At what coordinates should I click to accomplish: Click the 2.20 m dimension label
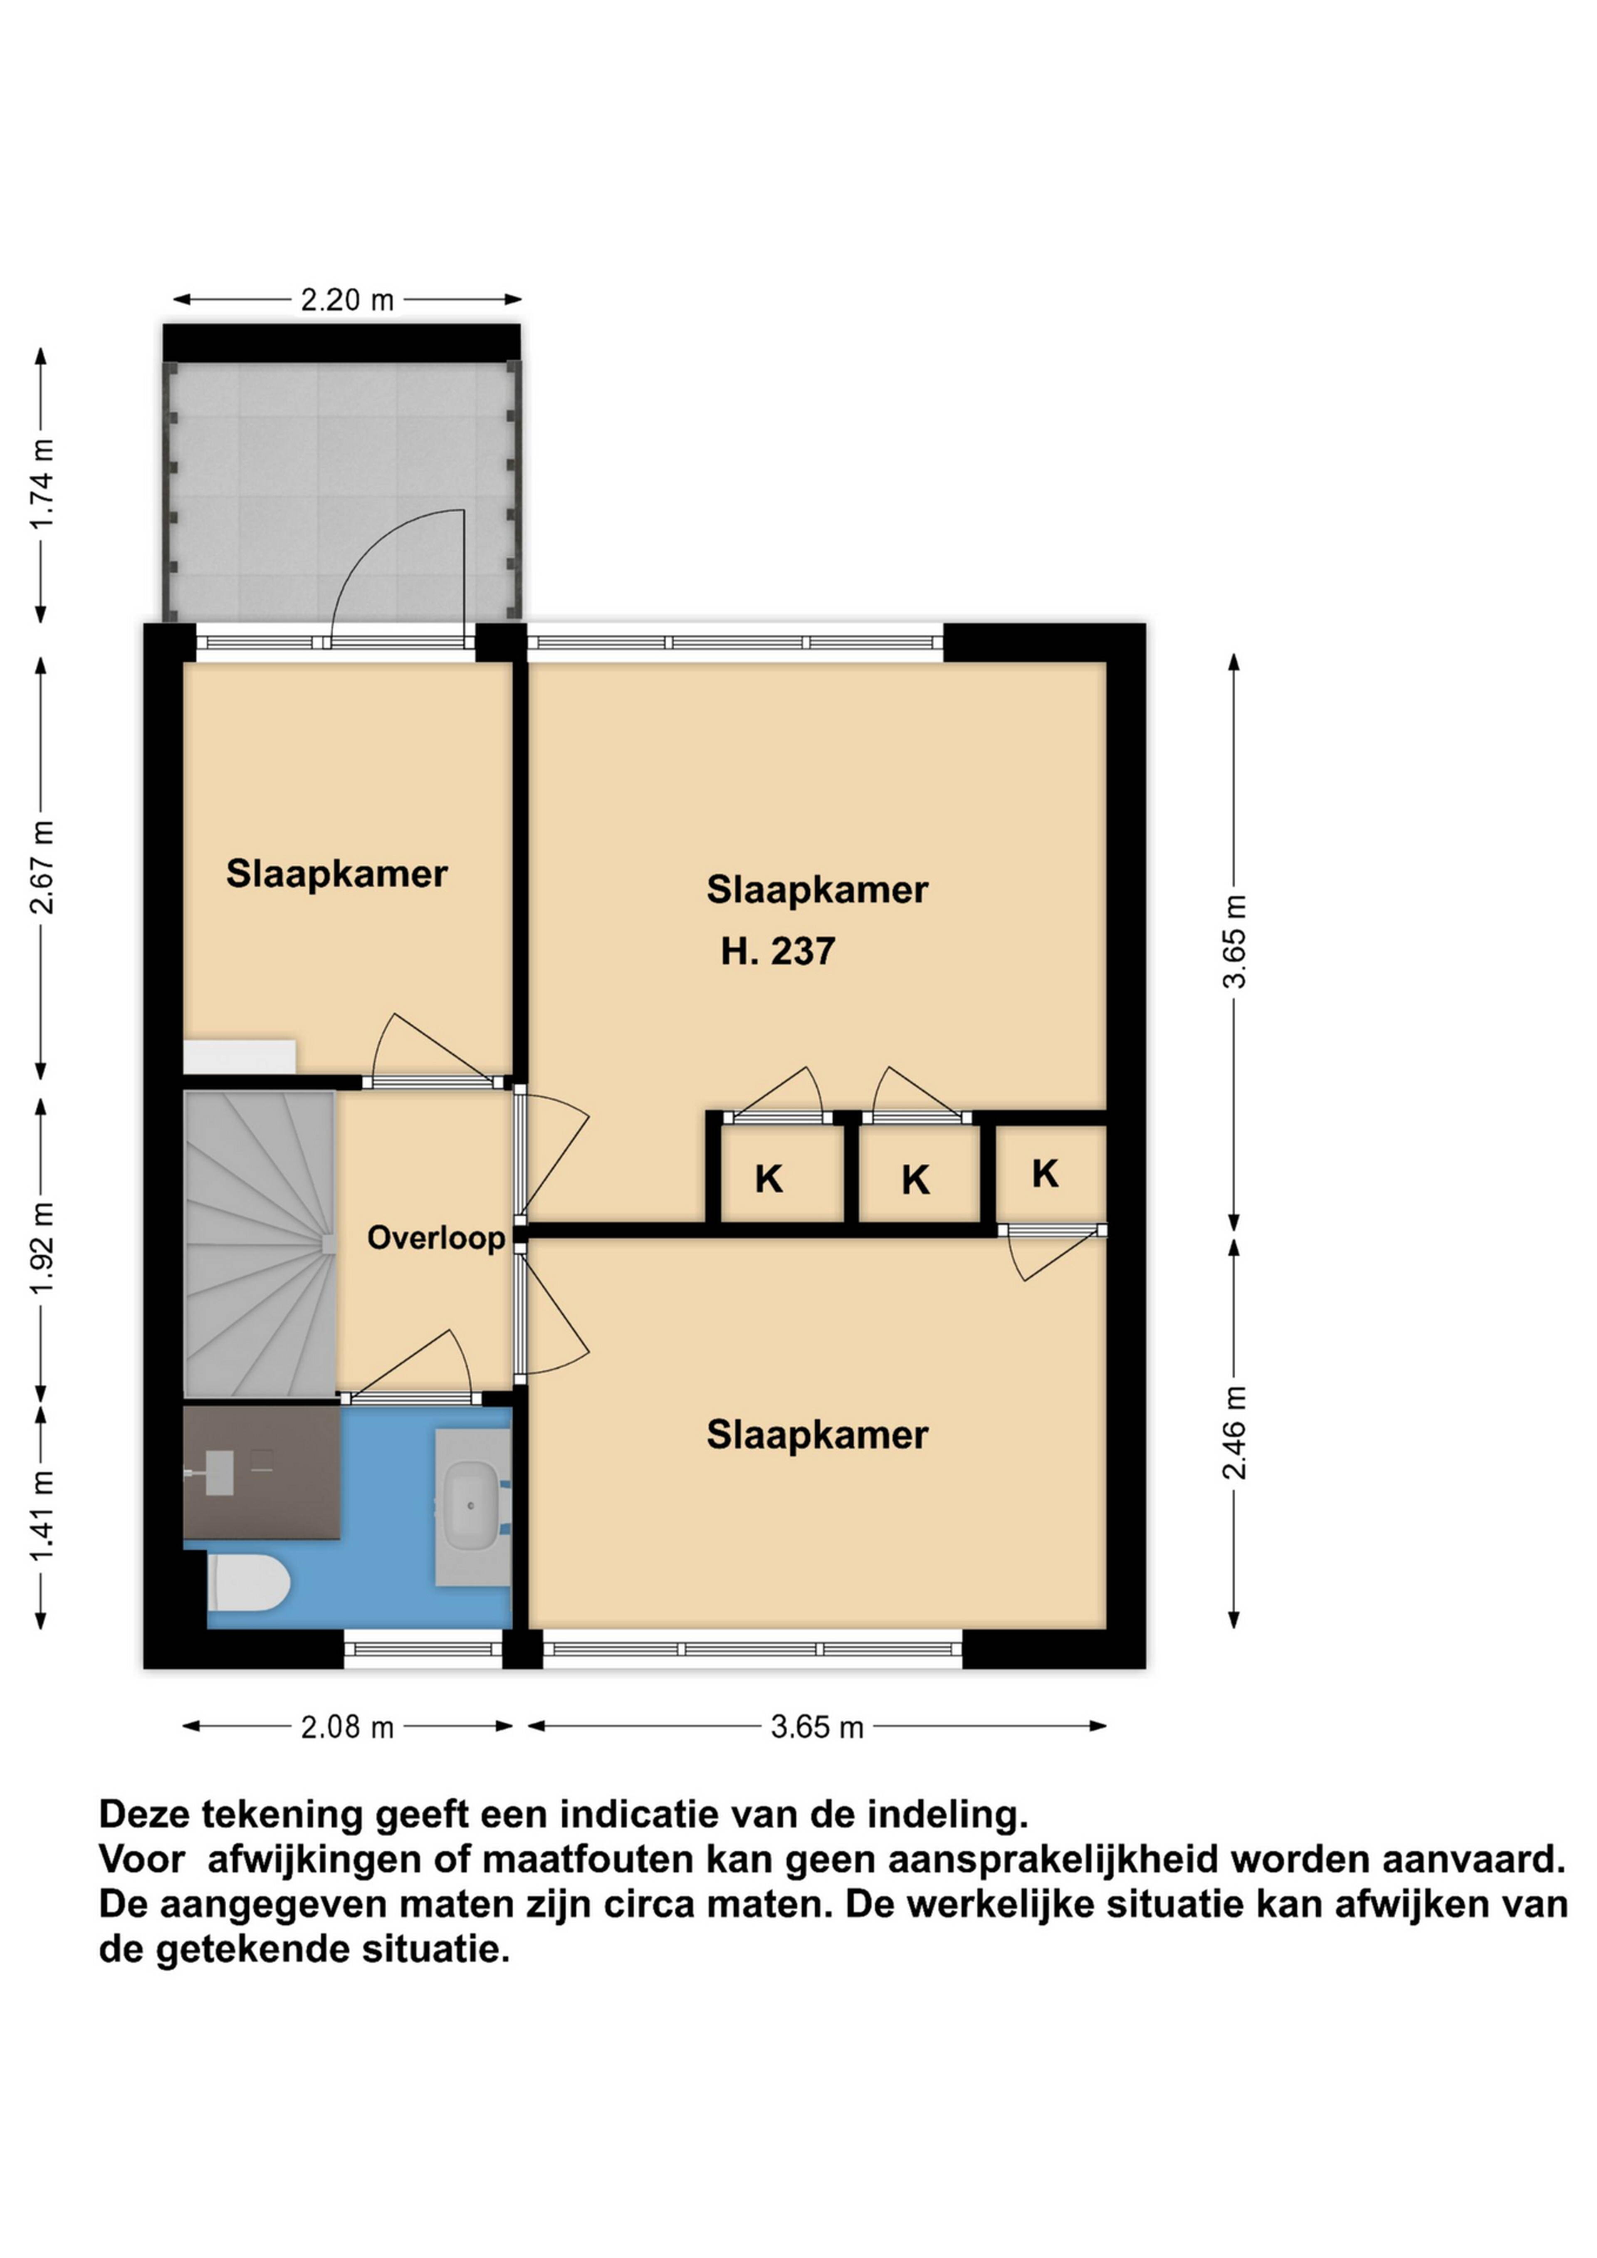click(x=347, y=300)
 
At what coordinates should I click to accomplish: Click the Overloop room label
click(x=435, y=1238)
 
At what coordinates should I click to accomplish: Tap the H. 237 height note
click(x=778, y=951)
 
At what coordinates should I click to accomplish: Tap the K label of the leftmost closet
click(x=769, y=1179)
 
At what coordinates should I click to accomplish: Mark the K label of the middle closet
click(x=915, y=1180)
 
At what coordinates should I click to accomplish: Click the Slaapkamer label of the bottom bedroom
click(x=817, y=1435)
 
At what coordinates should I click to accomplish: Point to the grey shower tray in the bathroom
click(x=262, y=1472)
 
